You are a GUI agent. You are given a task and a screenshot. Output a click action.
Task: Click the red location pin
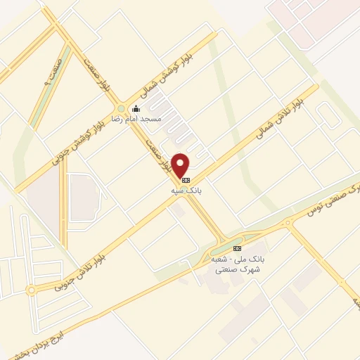(181, 165)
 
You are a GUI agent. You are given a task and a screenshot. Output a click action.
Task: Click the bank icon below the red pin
(186, 180)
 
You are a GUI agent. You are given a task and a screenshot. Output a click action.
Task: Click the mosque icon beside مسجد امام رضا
(136, 108)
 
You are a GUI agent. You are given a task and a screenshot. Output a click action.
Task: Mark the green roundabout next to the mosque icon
(121, 109)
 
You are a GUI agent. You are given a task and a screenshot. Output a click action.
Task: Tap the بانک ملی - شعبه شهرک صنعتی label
(237, 264)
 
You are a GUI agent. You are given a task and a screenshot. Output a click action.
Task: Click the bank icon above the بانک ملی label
(237, 248)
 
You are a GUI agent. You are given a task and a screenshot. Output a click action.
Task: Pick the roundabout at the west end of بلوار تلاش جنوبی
(31, 290)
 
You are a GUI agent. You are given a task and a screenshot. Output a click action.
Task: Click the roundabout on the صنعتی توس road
(288, 224)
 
